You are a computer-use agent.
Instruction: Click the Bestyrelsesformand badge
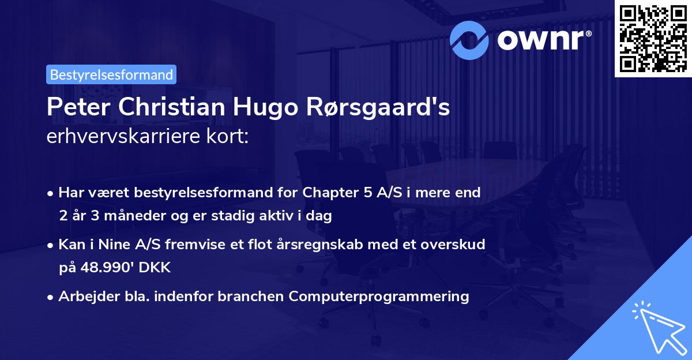111,74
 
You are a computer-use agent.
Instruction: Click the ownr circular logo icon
469,39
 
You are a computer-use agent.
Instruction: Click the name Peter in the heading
72,107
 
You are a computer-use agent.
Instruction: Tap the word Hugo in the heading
233,107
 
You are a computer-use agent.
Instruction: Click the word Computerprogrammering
379,297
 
